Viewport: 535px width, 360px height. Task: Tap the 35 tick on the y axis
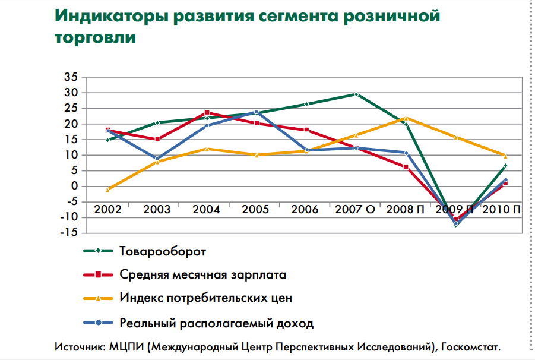pos(71,77)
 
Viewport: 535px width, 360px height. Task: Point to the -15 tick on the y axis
pos(68,232)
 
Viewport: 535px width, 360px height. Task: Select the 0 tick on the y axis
pos(74,186)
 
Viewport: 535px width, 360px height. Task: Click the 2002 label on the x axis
pos(107,210)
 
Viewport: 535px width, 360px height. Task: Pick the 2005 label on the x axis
pos(256,210)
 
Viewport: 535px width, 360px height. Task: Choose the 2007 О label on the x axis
pos(355,210)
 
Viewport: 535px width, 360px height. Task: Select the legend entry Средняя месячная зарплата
pos(202,275)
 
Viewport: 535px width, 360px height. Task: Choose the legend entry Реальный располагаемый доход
pos(216,324)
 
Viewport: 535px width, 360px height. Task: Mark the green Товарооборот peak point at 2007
pos(356,94)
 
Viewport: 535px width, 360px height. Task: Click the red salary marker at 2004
pos(207,112)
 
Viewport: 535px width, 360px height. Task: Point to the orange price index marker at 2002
pos(107,190)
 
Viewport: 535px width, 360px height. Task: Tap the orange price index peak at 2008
pos(406,118)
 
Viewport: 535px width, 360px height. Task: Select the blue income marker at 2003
pos(157,159)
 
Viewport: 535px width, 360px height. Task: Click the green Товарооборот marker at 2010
pos(505,166)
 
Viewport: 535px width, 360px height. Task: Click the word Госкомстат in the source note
pos(471,346)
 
